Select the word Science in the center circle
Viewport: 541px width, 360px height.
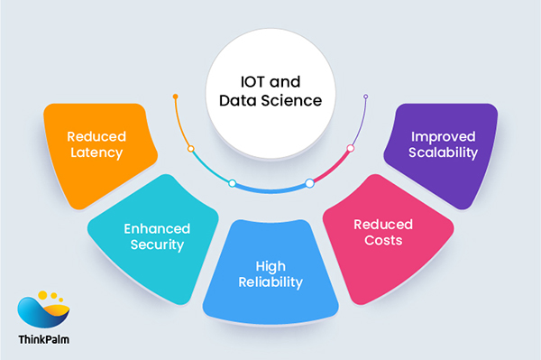pos(297,101)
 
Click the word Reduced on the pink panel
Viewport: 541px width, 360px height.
pos(383,224)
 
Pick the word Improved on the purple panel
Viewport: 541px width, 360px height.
pos(443,136)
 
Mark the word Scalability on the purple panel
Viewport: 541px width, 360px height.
pos(443,153)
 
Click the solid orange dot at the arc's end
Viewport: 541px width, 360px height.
pos(176,96)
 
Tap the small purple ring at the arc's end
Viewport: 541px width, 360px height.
pos(366,96)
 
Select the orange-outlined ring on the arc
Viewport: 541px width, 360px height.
pos(190,148)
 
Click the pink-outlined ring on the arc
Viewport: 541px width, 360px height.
pos(351,148)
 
